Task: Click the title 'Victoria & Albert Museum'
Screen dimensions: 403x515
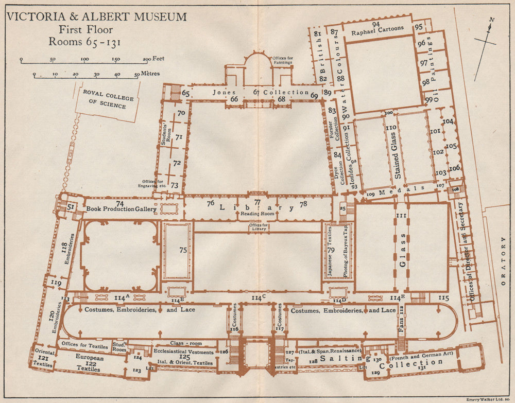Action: pos(96,17)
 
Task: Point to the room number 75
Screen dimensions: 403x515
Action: pos(182,250)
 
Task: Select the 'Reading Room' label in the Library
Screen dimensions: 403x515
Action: pos(257,214)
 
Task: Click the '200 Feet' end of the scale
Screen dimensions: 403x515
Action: pos(151,59)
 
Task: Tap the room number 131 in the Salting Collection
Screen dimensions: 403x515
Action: pos(422,368)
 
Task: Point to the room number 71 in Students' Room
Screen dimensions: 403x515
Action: pos(179,137)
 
